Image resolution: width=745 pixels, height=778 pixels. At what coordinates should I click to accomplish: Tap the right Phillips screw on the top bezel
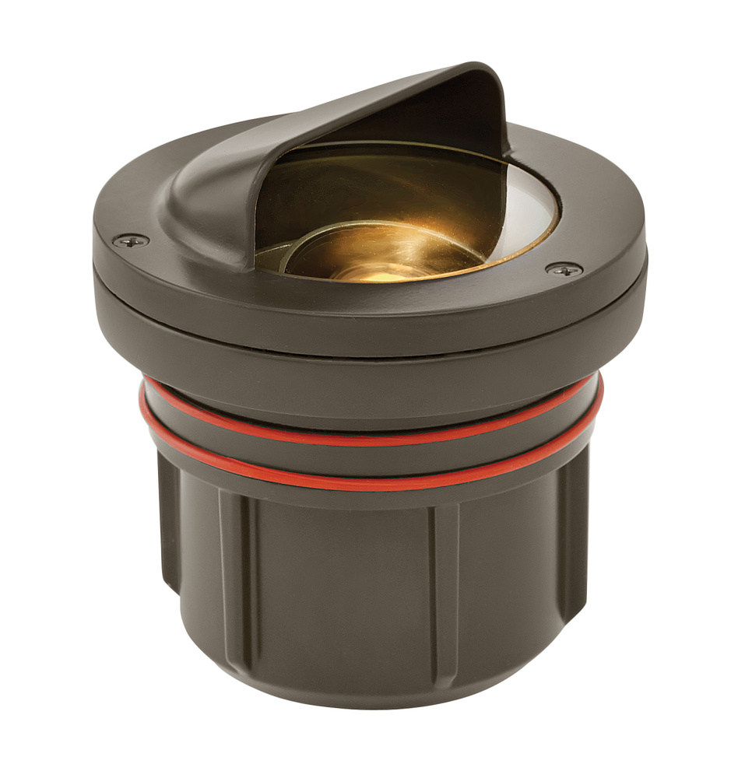pyautogui.click(x=563, y=269)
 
